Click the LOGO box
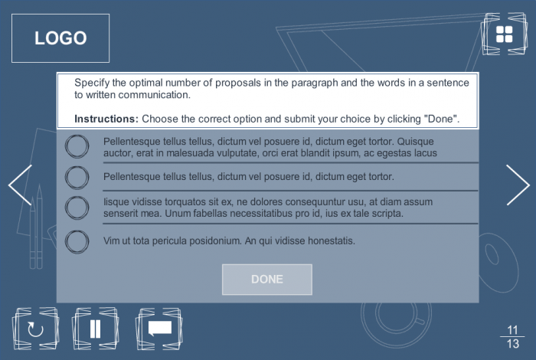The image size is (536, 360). tap(60, 38)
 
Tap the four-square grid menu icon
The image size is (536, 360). tap(504, 34)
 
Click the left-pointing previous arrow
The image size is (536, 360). tap(20, 185)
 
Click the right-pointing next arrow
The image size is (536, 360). tap(518, 185)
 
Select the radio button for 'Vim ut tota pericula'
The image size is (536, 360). tap(77, 242)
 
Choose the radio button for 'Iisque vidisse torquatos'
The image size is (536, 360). tap(77, 208)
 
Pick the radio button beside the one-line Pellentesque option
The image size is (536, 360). tap(77, 178)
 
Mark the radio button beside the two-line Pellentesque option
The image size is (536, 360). tap(77, 146)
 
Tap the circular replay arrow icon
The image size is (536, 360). tap(35, 329)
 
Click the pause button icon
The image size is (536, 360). tap(96, 329)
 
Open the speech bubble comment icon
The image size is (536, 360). tap(159, 328)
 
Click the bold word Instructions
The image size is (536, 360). tap(106, 119)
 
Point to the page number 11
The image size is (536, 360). tap(512, 330)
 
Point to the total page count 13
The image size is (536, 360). tap(512, 344)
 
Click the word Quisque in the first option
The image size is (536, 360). tap(415, 142)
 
